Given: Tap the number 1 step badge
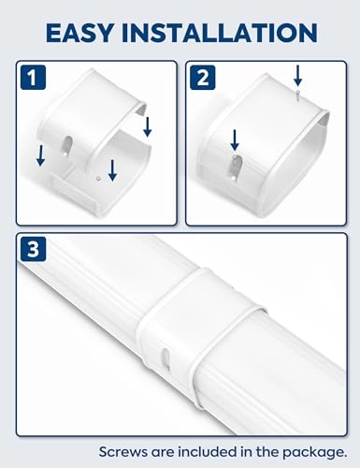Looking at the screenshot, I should click(x=35, y=80).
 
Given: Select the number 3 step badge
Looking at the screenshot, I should click(x=35, y=252).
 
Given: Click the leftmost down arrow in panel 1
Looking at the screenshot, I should click(x=40, y=154).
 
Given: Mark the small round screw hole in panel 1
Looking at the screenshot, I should click(x=98, y=173).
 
